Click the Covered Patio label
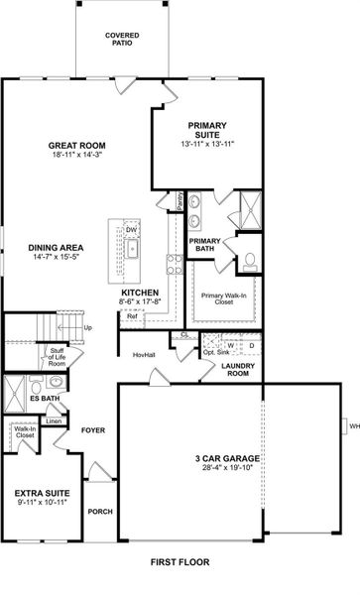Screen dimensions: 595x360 coord(122,39)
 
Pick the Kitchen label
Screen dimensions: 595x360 coord(140,294)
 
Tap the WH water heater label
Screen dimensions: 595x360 coord(351,426)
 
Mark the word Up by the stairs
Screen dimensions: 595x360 coord(88,328)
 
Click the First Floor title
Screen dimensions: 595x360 coord(180,561)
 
